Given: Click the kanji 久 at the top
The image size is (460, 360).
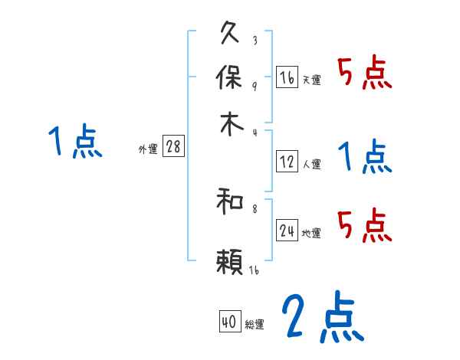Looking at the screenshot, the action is [x=230, y=34].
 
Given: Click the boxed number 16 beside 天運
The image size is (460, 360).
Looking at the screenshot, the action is [x=287, y=77].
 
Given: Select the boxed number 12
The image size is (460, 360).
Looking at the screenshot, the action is [x=287, y=162].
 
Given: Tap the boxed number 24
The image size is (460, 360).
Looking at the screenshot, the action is [x=287, y=231].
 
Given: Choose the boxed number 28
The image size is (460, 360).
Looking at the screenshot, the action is [x=173, y=147].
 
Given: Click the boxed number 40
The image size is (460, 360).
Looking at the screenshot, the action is [x=228, y=322].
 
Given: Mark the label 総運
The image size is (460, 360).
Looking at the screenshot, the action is [x=255, y=325].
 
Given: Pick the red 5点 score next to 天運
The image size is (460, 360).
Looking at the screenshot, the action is [x=365, y=75].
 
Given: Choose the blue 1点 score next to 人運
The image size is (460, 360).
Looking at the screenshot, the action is [x=365, y=158].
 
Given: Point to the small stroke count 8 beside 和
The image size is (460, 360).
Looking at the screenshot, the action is [x=254, y=206].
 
